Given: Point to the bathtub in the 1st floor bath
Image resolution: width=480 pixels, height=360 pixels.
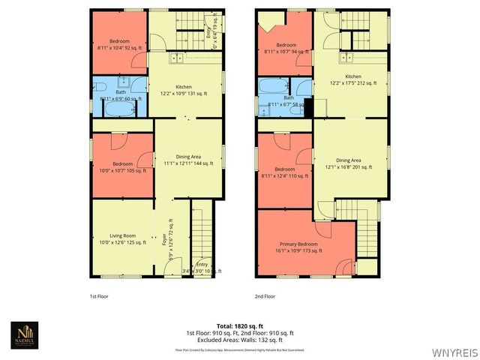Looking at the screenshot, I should [118, 109].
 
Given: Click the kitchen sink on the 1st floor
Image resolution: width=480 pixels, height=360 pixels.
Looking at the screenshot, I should [175, 58].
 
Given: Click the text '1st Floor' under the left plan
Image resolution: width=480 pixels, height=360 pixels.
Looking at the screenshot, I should [97, 297].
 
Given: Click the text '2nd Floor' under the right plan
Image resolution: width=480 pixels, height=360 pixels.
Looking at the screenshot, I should [265, 297].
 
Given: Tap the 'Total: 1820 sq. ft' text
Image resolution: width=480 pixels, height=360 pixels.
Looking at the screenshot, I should [240, 325].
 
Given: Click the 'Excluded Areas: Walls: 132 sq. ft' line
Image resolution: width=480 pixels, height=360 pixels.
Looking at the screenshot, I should [240, 340].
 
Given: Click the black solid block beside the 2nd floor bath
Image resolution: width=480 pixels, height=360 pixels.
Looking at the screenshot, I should [308, 108].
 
